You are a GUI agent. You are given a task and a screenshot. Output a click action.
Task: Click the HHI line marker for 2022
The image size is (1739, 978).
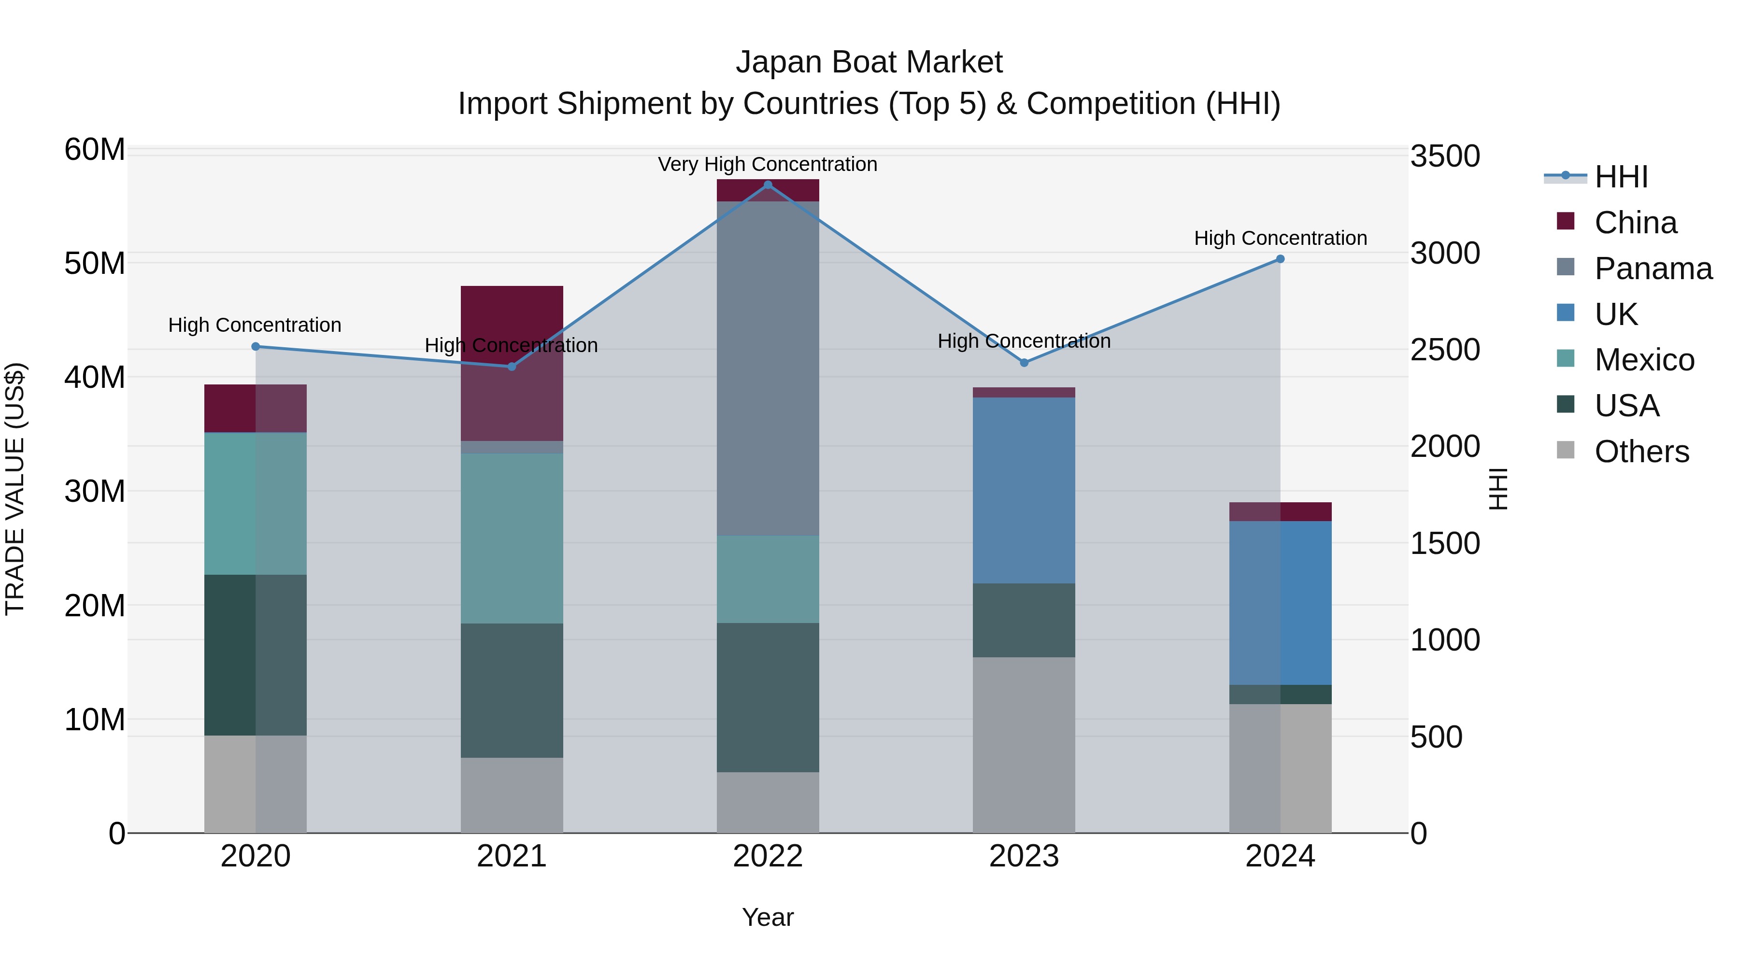(768, 185)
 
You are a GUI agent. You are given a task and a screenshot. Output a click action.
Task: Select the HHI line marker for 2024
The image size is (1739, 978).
(1280, 259)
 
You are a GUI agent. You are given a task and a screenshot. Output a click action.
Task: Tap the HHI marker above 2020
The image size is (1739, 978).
(255, 346)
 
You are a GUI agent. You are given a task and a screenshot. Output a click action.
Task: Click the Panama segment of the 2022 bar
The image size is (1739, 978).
(768, 368)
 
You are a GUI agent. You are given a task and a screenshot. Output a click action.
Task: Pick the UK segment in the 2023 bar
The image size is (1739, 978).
(1024, 490)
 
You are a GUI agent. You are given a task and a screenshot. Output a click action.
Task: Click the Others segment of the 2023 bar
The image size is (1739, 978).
(1024, 744)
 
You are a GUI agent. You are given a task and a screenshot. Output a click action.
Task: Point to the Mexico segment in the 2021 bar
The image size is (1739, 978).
(512, 538)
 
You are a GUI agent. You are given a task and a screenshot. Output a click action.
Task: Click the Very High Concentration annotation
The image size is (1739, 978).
(768, 164)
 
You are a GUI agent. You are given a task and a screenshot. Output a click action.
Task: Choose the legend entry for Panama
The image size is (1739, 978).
(1653, 269)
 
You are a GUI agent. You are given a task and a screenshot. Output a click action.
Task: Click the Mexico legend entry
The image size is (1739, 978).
(1644, 360)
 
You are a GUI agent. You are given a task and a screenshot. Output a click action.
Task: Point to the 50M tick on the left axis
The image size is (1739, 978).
(95, 263)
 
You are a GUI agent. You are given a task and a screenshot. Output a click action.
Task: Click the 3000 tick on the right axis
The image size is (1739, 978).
(1445, 254)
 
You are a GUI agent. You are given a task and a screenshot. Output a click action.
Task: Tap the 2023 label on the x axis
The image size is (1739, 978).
(1024, 856)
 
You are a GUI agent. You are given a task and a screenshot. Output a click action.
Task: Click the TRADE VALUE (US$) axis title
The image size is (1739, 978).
(15, 489)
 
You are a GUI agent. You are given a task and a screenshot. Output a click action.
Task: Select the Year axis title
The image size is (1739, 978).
(768, 917)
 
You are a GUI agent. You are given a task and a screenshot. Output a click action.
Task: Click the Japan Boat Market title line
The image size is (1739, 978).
(869, 62)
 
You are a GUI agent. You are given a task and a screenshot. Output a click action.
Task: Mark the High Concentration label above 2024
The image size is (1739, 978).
(1280, 238)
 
